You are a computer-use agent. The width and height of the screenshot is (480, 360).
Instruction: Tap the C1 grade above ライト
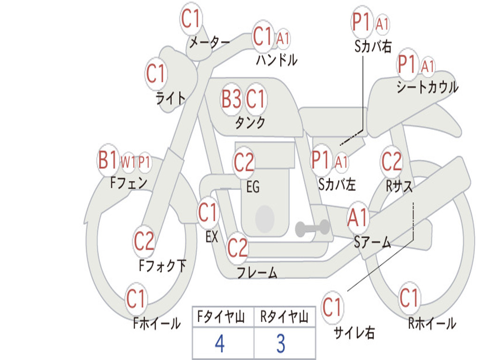[x=156, y=74]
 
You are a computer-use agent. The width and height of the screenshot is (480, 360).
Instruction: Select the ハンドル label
[x=277, y=60]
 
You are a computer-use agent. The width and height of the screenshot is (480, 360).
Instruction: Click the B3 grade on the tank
[x=232, y=99]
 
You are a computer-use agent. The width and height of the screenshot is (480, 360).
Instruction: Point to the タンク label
[x=250, y=122]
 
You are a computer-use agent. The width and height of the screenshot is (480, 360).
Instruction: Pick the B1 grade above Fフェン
[x=108, y=161]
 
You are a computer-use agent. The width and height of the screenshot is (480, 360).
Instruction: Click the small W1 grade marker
[x=128, y=163]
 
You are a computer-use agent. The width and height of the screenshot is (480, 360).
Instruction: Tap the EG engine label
[x=252, y=187]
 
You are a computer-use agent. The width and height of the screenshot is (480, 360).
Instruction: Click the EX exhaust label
[x=212, y=237]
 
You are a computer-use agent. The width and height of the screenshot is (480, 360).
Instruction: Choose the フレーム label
[x=257, y=272]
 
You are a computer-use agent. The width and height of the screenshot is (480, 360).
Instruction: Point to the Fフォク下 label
[x=162, y=266]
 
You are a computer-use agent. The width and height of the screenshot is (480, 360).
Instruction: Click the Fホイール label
[x=157, y=323]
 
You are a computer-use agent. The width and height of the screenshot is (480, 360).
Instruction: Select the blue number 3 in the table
[x=281, y=344]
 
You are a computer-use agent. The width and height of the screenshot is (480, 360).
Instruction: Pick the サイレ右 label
[x=354, y=332]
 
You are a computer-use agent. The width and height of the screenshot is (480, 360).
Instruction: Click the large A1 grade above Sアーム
[x=358, y=218]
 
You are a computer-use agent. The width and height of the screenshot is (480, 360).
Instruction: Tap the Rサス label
[x=399, y=186]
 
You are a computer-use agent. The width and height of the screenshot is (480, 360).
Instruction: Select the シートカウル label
[x=427, y=87]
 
